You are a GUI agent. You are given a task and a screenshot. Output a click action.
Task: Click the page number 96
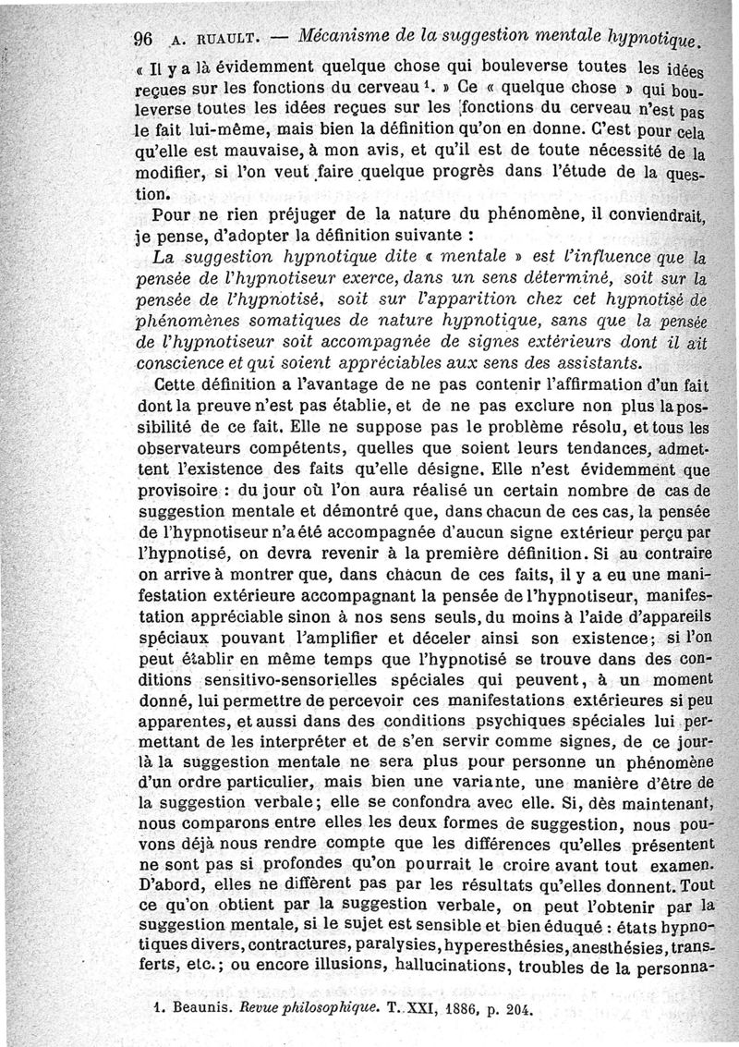[x=142, y=40]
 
